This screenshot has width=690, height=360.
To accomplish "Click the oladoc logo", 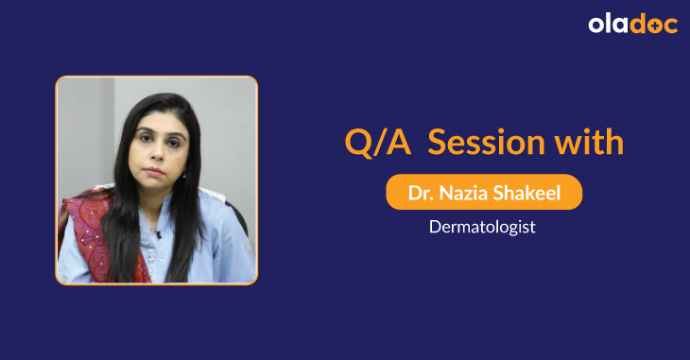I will point(632,25).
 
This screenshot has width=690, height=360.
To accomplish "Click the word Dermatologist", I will point(483,227).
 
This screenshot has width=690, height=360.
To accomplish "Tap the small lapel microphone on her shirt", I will point(160,233).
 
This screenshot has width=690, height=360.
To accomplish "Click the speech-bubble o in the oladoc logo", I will point(655,26).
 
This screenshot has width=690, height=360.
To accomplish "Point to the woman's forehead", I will point(160,121).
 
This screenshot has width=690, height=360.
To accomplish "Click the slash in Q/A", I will point(372,144).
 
